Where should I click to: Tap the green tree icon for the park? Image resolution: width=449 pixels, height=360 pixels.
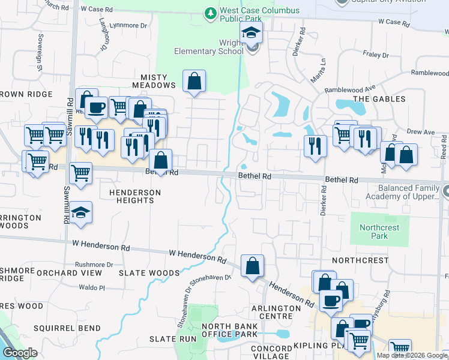pyautogui.click(x=210, y=12)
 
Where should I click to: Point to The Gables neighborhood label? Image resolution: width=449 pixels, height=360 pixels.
pyautogui.click(x=379, y=98)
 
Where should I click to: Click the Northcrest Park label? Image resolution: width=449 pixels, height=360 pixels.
pyautogui.click(x=373, y=232)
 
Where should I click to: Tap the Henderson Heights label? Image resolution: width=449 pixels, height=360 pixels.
pyautogui.click(x=135, y=196)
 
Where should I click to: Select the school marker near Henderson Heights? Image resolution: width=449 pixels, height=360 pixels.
pyautogui.click(x=80, y=213)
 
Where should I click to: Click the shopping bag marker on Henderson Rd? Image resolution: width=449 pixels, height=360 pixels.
pyautogui.click(x=252, y=266)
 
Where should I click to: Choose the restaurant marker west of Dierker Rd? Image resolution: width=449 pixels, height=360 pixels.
pyautogui.click(x=315, y=146)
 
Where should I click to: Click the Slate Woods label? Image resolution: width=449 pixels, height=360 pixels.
pyautogui.click(x=149, y=272)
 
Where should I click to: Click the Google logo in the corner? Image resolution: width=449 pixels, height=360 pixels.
pyautogui.click(x=20, y=353)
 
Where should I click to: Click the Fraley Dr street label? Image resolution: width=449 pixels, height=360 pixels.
pyautogui.click(x=376, y=55)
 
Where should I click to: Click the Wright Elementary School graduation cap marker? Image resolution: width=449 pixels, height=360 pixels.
pyautogui.click(x=252, y=34)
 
